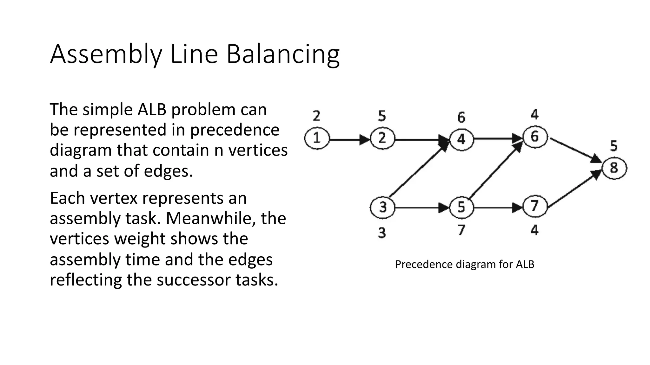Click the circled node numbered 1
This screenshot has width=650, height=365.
pos(316,138)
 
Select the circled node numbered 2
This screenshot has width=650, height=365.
pos(382,138)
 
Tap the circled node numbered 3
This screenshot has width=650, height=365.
pos(382,208)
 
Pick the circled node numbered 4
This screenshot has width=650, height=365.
pos(461,139)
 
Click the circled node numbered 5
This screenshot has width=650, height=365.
pos(461,208)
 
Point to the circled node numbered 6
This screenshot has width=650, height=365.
pos(535,137)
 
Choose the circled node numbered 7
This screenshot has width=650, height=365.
pos(535,206)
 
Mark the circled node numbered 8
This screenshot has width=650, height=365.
pos(614,168)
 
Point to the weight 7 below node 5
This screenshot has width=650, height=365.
pos(461,230)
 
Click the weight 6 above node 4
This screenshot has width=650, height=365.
pos(461,118)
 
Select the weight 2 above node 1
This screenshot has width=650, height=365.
pos(316,116)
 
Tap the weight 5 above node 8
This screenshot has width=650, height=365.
pos(614,146)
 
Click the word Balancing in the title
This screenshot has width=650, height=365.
pos(283,54)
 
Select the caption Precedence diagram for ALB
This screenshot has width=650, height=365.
pos(464,264)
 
